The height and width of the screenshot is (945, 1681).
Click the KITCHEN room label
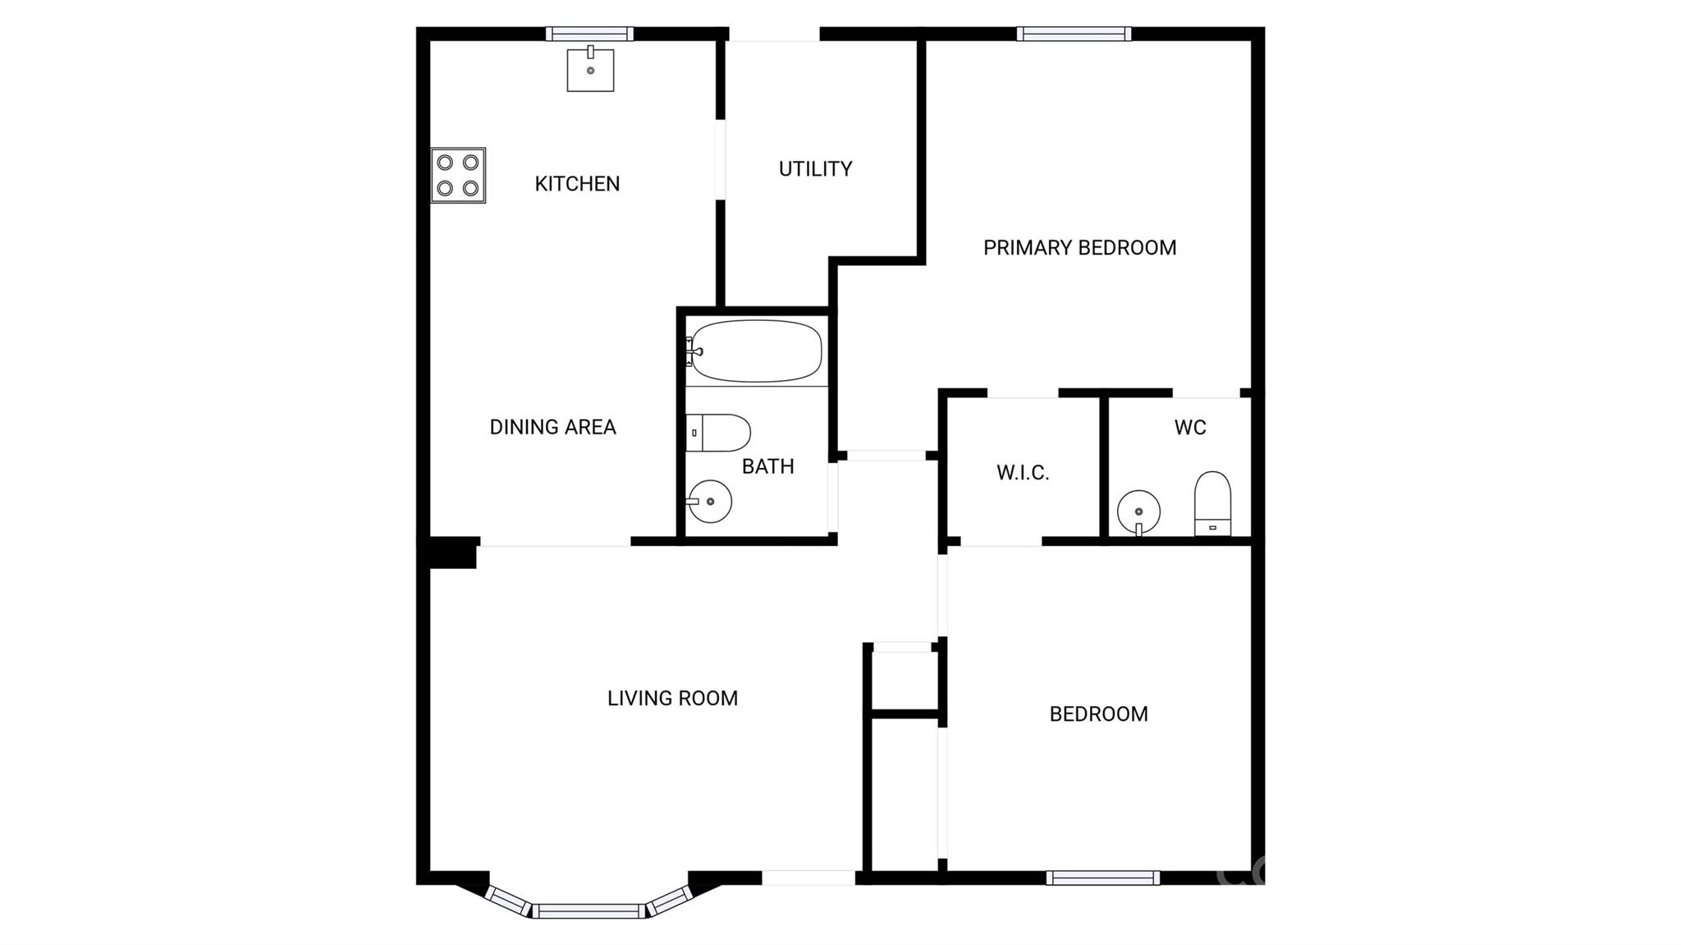pos(577,184)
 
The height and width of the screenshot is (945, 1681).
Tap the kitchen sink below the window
pos(590,69)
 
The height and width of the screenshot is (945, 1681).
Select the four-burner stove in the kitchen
pos(458,175)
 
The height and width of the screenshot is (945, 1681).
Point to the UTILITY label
pos(815,169)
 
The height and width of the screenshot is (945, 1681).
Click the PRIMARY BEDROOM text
pos(1079,248)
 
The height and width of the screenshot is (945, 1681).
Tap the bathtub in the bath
pos(754,351)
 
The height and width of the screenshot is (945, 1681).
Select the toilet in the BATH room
pos(718,433)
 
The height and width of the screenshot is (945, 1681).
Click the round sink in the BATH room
pos(709,501)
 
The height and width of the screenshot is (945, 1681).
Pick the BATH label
pos(767,466)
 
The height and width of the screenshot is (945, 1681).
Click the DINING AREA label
pos(552,427)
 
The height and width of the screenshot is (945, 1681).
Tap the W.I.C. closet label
pos(1023,473)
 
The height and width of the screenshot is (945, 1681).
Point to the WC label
pos(1190,428)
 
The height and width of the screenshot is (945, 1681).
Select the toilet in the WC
pos(1212,503)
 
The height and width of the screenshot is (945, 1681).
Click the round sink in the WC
pos(1138,511)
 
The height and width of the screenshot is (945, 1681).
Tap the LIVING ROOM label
pos(672,699)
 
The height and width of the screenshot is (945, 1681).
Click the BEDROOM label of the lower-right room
pos(1098,714)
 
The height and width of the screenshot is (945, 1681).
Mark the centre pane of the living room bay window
pos(589,911)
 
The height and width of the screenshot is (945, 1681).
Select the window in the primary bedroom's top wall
pos(1074,34)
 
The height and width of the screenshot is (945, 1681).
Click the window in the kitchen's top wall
pos(589,34)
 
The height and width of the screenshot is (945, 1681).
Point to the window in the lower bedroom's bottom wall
pos(1103,878)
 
